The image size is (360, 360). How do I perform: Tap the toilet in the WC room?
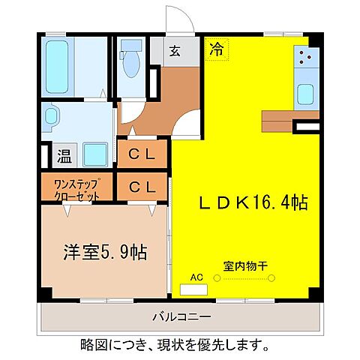click(x=132, y=64)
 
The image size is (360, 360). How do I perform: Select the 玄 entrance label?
click(x=174, y=52)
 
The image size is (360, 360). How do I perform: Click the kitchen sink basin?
click(x=307, y=95)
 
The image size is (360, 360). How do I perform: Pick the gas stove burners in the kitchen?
click(x=306, y=58)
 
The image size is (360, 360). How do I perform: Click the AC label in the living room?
click(x=196, y=277)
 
